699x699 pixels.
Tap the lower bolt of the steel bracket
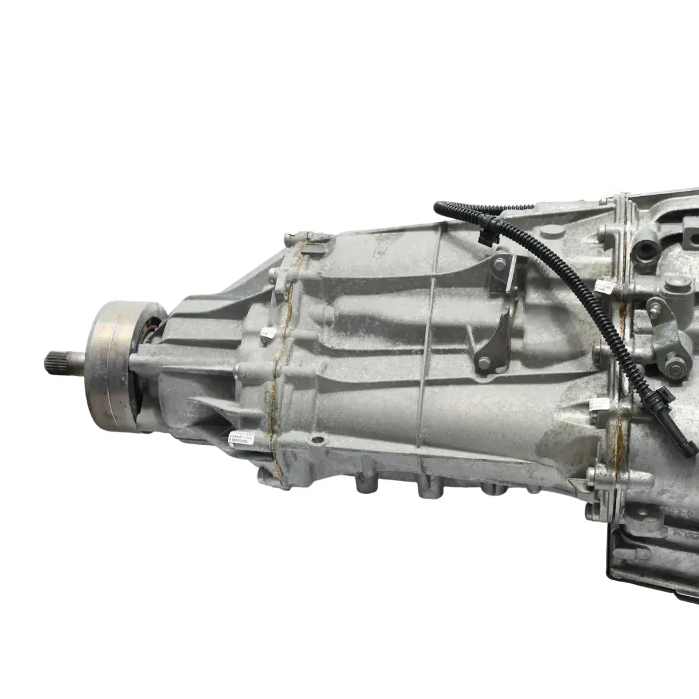[484, 362]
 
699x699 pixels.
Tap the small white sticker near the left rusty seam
[267, 333]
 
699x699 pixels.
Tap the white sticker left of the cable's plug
[599, 405]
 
